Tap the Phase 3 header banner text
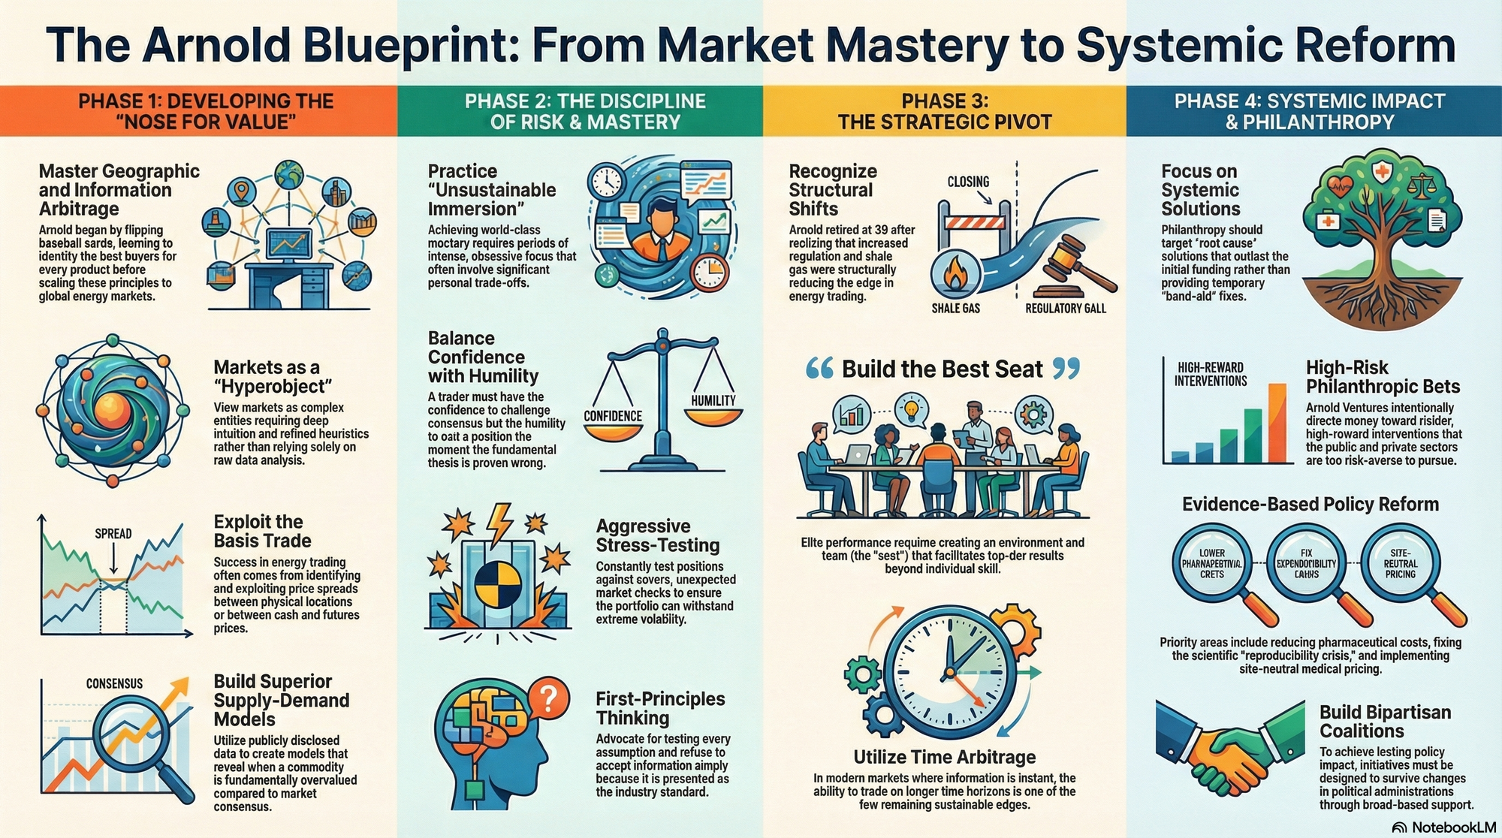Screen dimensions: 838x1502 [x=945, y=111]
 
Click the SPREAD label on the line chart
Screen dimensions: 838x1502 [x=113, y=534]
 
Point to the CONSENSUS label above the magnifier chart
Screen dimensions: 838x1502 [x=114, y=683]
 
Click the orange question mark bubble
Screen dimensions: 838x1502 [x=549, y=700]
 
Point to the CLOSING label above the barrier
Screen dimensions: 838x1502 [x=968, y=182]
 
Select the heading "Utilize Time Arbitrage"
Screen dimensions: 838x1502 [x=944, y=757]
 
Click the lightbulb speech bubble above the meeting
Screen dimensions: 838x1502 [x=912, y=409]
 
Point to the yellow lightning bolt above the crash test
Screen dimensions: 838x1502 [x=499, y=521]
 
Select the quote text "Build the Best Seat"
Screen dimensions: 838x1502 [x=942, y=369]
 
